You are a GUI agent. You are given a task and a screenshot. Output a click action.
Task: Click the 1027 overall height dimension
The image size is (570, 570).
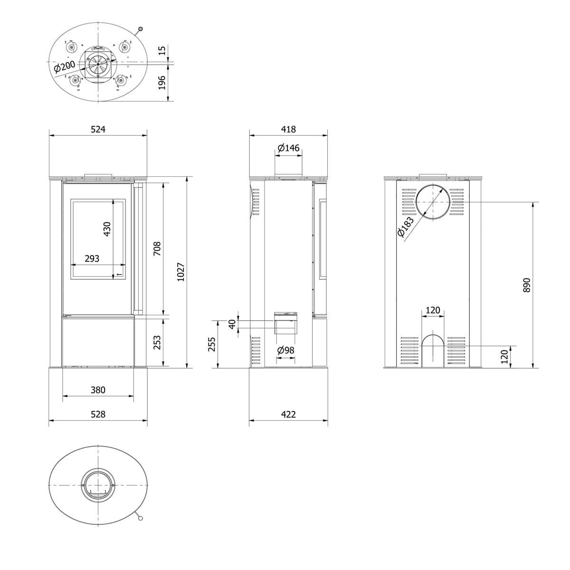pyautogui.click(x=180, y=272)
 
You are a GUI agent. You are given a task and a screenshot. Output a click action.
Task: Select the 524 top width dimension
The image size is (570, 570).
pyautogui.click(x=98, y=129)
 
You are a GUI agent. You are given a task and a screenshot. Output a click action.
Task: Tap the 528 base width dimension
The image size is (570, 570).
pyautogui.click(x=98, y=414)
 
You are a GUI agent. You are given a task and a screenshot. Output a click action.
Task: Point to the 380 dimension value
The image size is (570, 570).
pyautogui.click(x=98, y=390)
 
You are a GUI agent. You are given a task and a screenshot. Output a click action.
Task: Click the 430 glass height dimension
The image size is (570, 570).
pyautogui.click(x=107, y=228)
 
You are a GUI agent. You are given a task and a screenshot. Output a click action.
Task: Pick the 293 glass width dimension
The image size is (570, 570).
pyautogui.click(x=92, y=258)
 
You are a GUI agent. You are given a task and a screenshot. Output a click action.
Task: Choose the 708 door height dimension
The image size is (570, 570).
pyautogui.click(x=157, y=248)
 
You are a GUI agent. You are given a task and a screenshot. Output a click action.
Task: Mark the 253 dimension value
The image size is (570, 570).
pyautogui.click(x=157, y=342)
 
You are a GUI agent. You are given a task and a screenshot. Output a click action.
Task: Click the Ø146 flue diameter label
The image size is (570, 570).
pyautogui.click(x=289, y=147)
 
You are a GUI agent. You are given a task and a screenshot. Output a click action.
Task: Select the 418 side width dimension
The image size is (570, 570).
pyautogui.click(x=288, y=129)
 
